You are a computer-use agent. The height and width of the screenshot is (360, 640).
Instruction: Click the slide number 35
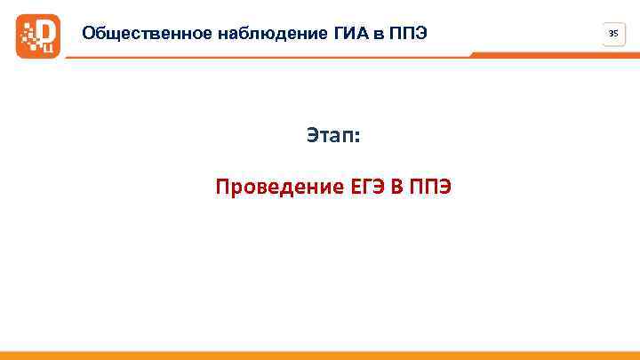click(612, 34)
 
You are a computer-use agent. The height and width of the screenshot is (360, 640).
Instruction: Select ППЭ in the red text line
click(431, 188)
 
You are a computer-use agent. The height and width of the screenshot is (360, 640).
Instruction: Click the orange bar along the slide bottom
click(320, 356)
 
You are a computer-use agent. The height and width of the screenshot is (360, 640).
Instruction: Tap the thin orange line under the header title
click(267, 57)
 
